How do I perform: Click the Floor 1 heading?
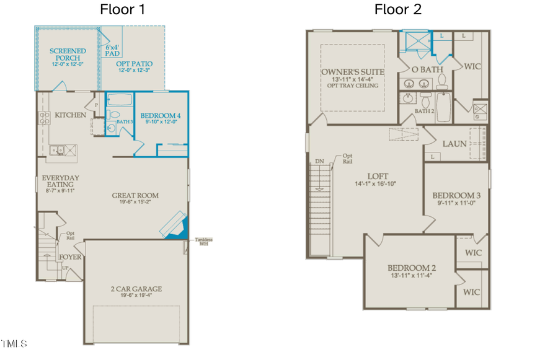click(x=124, y=9)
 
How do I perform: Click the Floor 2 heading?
click(x=397, y=9)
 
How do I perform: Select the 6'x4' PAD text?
click(x=112, y=50)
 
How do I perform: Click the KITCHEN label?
click(x=70, y=115)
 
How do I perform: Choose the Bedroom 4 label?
click(x=161, y=116)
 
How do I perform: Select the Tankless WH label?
click(x=203, y=242)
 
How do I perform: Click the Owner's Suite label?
click(x=352, y=72)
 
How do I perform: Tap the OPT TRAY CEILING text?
click(x=352, y=86)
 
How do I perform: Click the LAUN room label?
click(x=454, y=144)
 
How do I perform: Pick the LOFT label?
click(x=376, y=175)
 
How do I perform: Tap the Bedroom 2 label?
click(x=412, y=268)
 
